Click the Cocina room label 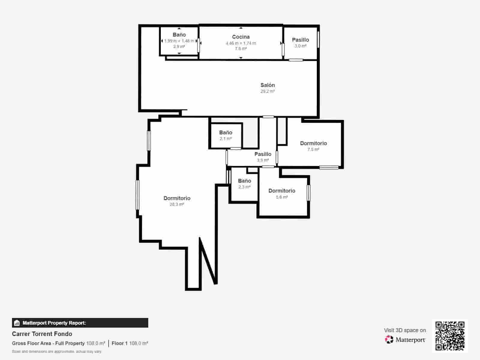[241, 37]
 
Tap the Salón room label [268, 85]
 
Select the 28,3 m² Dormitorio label [177, 198]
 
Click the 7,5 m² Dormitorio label [313, 143]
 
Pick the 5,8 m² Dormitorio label [282, 191]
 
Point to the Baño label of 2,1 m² [226, 133]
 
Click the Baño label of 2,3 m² [244, 181]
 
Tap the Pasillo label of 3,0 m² [300, 40]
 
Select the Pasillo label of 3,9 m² [263, 154]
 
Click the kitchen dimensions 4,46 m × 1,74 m [241, 43]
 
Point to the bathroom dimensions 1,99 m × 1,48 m [179, 41]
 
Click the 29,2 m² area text [268, 91]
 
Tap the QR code [450, 336]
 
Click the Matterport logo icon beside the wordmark [389, 340]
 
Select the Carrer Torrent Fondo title [42, 334]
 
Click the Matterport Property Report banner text [54, 323]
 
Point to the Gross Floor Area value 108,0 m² [96, 343]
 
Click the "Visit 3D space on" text [405, 330]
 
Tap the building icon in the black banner [17, 323]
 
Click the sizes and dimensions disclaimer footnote [57, 351]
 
